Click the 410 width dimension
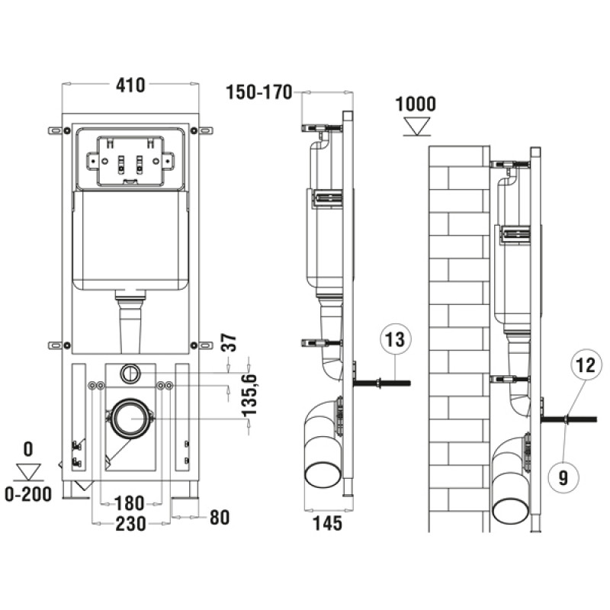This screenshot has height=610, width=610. click(130, 85)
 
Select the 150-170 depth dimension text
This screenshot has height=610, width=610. click(258, 92)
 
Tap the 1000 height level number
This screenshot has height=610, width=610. click(416, 104)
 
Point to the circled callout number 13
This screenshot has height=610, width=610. click(395, 339)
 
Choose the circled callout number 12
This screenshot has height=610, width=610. click(586, 365)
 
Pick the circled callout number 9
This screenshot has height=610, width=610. click(563, 477)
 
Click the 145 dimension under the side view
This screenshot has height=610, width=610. click(328, 523)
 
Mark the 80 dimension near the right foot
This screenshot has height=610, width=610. click(220, 518)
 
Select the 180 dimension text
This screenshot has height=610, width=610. click(130, 503)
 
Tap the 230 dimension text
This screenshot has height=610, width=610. click(130, 524)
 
